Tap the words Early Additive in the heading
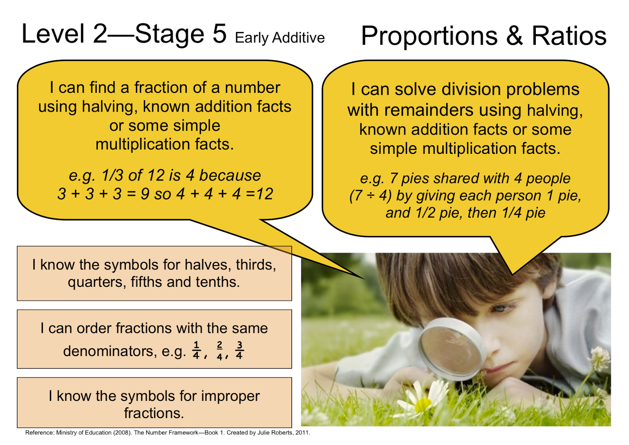pos(280,38)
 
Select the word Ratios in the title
pos(569,36)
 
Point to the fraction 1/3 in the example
pos(112,175)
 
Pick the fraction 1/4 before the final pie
pos(513,213)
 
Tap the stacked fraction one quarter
pos(196,350)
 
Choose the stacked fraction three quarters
pos(239,350)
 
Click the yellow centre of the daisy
pos(422,404)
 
